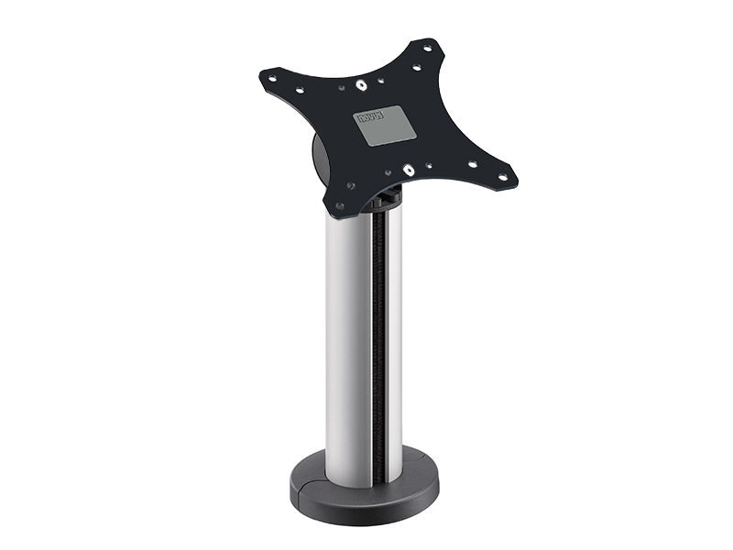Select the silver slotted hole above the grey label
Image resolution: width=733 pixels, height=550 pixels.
[363, 86]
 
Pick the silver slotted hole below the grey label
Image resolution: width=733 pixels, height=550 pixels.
[407, 170]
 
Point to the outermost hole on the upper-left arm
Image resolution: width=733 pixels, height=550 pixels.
[272, 78]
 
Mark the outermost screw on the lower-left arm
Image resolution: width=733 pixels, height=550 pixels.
[339, 206]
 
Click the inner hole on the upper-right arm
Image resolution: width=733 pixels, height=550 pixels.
[416, 66]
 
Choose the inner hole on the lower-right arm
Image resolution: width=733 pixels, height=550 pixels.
[473, 166]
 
